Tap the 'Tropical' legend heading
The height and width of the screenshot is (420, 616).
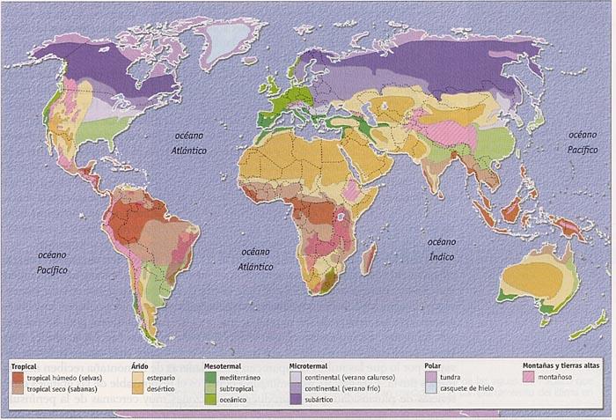point(26,364)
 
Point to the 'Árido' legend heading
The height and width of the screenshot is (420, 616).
point(141,364)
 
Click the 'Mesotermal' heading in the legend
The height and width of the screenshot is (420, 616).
point(224,364)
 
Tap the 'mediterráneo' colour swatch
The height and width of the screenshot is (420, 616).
point(209,376)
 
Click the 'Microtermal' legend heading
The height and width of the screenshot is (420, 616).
point(309,364)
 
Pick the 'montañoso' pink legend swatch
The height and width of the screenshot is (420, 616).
point(526,376)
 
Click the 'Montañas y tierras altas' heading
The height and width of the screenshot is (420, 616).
point(561,364)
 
